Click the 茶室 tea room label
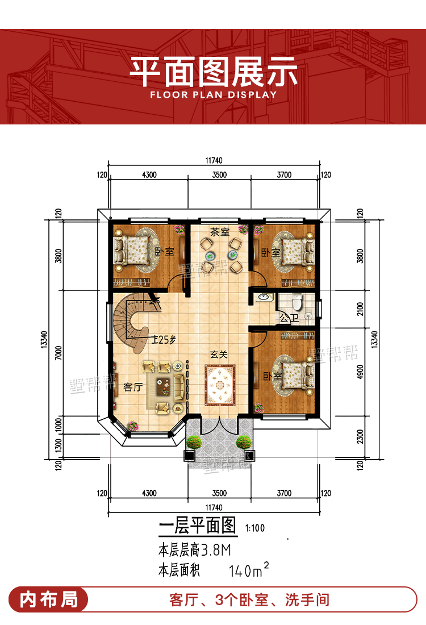(x=220, y=232)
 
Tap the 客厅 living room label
(x=133, y=387)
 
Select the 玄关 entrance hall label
(x=219, y=355)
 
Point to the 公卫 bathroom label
(x=289, y=318)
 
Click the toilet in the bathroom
(x=297, y=302)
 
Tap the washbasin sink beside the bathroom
(x=263, y=297)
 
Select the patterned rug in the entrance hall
(x=220, y=385)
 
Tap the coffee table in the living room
(x=164, y=386)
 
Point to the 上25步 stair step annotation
(x=164, y=340)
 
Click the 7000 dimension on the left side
(x=59, y=353)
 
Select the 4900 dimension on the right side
(x=361, y=372)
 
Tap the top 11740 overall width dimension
(x=214, y=161)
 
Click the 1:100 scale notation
(x=255, y=528)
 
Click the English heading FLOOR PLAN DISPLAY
(x=213, y=95)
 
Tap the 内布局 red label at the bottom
(x=49, y=599)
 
